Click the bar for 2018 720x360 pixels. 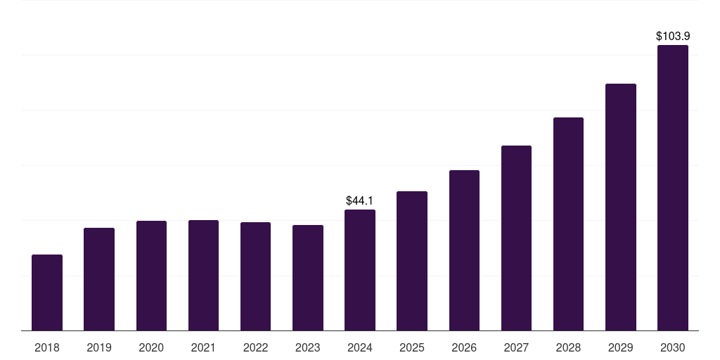coord(47,292)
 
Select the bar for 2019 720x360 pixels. coord(99,279)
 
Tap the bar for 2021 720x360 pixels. coord(203,276)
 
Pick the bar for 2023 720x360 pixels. coord(308,278)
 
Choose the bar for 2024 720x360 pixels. coord(360,270)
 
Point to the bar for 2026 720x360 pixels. coord(464,250)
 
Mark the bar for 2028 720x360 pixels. coord(568,224)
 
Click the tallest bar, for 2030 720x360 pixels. coord(673,188)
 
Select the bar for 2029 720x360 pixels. coord(621,207)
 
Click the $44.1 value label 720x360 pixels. coord(360,201)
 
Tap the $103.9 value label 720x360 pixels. coord(673,36)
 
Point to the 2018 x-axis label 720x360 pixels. coord(47,347)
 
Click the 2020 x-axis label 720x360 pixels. coord(151,347)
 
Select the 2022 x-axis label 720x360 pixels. coord(256,347)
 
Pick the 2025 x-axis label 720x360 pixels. coord(412,347)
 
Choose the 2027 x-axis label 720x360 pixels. coord(516,347)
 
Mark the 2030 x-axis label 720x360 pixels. coord(673,347)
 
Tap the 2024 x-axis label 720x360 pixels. coord(360,347)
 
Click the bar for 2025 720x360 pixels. coord(412,261)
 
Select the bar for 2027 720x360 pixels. coord(516,238)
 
